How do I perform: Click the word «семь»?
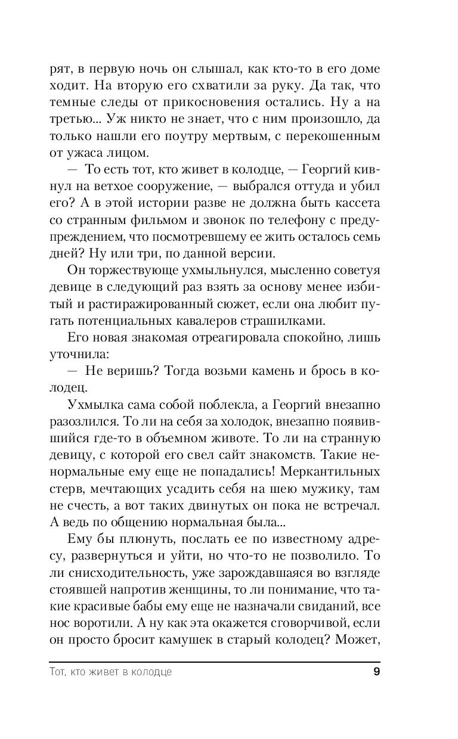tap(367, 236)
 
